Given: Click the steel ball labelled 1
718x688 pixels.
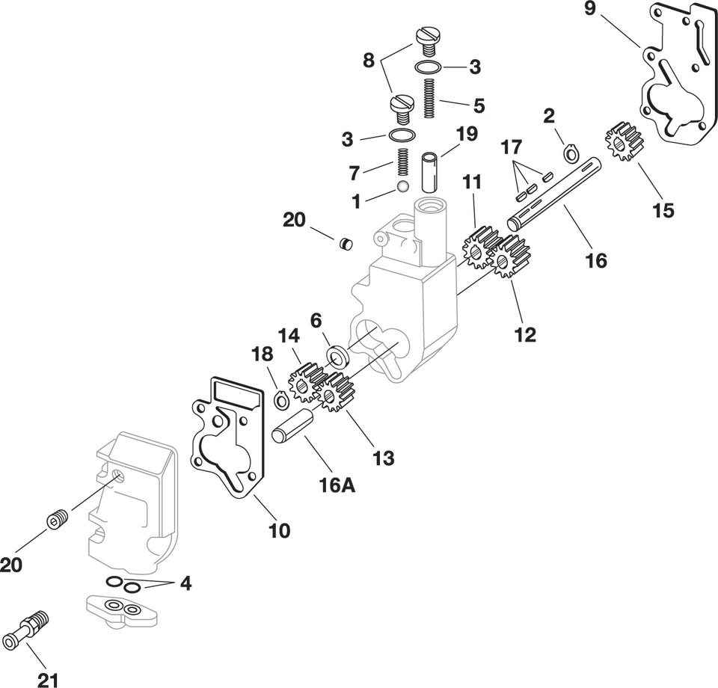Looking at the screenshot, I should pos(403,185).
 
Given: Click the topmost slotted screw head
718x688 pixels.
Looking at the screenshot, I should pos(429,37).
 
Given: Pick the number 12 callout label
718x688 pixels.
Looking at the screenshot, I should pos(526,334).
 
